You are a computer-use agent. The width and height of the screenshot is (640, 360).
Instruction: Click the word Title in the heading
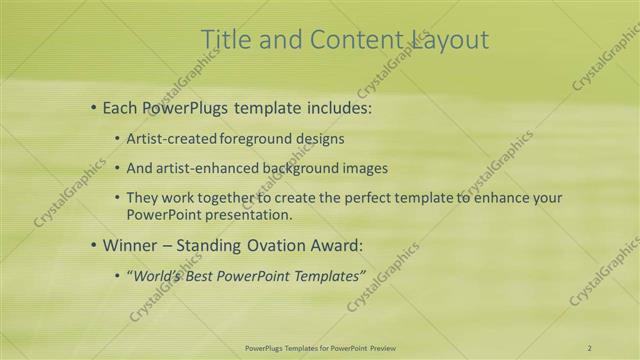(224, 39)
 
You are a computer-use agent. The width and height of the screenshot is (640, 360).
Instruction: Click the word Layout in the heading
(450, 39)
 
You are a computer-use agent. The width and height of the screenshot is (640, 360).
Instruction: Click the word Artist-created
(167, 138)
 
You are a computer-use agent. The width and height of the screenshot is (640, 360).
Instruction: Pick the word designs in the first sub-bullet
(319, 138)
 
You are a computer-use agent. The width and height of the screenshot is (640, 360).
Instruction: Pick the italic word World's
(156, 275)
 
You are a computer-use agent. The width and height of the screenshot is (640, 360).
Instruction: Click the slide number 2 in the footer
(590, 347)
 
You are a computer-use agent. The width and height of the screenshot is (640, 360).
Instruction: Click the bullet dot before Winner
(94, 244)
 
